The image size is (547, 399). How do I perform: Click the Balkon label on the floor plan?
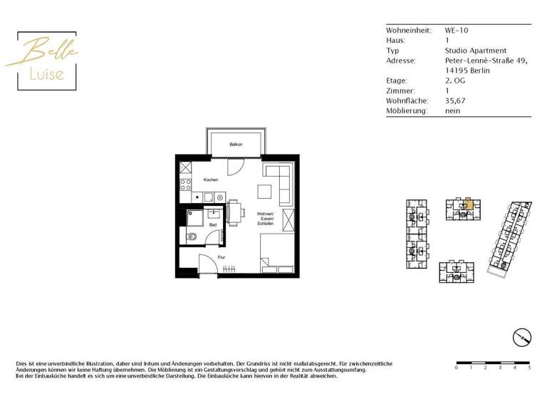point(235,145)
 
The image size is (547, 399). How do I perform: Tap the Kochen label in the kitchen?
point(210,180)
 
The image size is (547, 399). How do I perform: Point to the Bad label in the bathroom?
point(212,224)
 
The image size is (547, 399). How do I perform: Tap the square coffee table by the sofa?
point(264,191)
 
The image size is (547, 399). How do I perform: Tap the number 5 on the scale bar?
point(529,368)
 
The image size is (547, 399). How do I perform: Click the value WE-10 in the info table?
point(456,31)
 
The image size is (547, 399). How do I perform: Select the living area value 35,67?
point(454,101)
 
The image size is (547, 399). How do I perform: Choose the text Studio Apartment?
point(475,51)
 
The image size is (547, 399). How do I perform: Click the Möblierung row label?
point(407,111)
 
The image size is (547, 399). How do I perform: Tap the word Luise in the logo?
point(47,73)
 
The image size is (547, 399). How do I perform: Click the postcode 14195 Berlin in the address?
point(467,71)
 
